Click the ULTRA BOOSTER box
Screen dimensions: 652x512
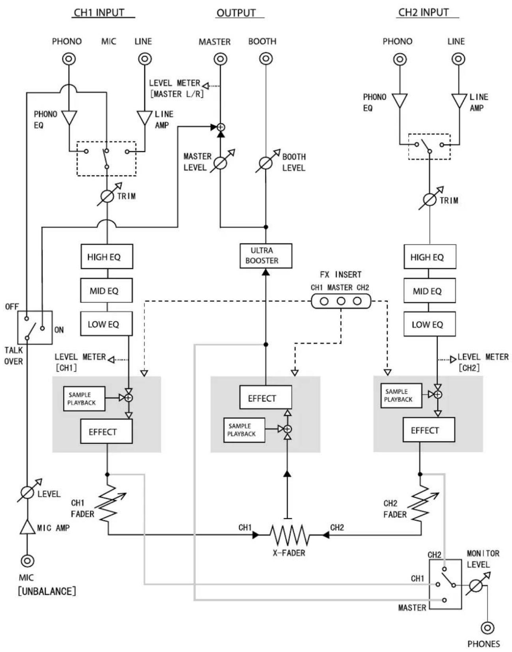265,256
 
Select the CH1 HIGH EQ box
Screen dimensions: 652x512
107,257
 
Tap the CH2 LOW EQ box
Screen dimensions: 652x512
429,324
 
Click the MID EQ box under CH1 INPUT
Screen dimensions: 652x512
107,291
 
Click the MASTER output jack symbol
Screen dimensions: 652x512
220,59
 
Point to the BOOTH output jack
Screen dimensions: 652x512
266,59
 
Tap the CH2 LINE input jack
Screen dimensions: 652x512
458,59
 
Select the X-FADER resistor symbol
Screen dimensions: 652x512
290,535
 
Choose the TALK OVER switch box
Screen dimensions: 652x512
35,327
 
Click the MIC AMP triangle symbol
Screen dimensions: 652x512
27,527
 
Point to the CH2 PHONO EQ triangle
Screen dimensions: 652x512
400,100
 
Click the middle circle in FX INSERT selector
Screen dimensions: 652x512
341,301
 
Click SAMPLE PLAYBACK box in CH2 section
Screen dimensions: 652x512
401,395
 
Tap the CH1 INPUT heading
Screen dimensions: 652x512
99,13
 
